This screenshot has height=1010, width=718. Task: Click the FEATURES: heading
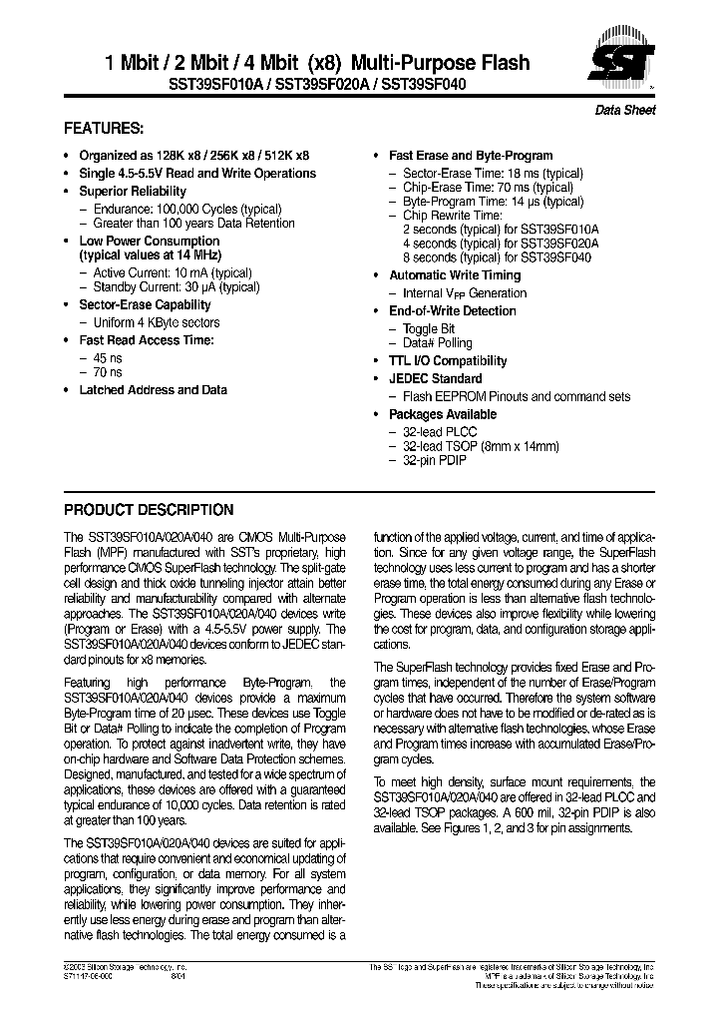coord(104,129)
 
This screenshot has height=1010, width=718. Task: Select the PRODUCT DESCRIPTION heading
coord(149,509)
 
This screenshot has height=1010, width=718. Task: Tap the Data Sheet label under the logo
coord(625,111)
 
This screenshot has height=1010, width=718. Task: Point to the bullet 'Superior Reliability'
coord(133,191)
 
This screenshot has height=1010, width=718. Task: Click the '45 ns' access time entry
coord(108,356)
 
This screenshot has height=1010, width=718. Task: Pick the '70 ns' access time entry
coord(108,372)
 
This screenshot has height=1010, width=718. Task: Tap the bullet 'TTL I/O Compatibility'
coord(448,360)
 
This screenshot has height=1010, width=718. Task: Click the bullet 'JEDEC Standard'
coord(435,378)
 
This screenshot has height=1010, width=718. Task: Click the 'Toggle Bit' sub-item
coord(429,328)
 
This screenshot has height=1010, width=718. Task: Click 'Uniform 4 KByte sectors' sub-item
coord(156,322)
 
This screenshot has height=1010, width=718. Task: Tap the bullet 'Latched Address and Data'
coord(153,390)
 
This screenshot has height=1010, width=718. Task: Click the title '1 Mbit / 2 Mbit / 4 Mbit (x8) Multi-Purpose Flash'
coord(317,63)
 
